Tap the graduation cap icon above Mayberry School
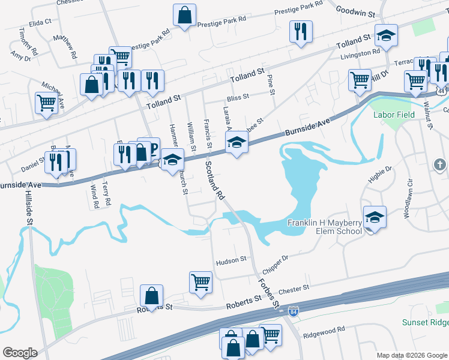(375, 217)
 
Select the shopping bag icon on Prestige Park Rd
(185, 16)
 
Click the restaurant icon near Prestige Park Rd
(300, 31)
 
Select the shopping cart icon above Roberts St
(200, 281)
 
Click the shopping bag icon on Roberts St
(151, 295)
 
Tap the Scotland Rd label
(214, 180)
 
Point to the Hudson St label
(232, 260)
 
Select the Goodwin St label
(355, 11)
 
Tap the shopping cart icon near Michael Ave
(46, 101)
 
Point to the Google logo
(20, 353)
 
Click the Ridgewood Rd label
(324, 329)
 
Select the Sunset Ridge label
(425, 323)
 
